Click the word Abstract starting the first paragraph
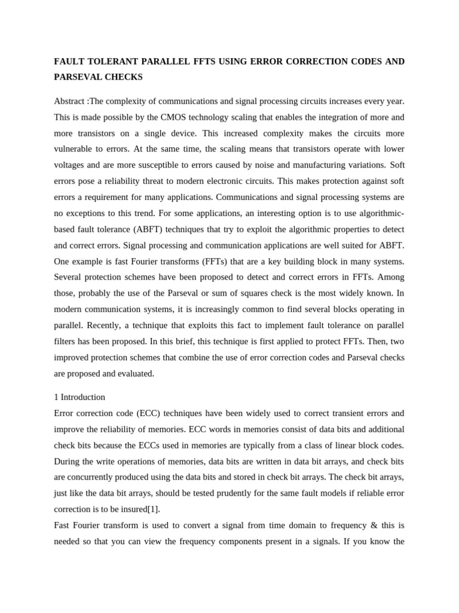click(70, 101)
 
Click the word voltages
click(71, 165)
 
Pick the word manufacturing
click(320, 165)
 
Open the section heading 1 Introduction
click(79, 397)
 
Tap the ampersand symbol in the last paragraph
click(374, 526)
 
